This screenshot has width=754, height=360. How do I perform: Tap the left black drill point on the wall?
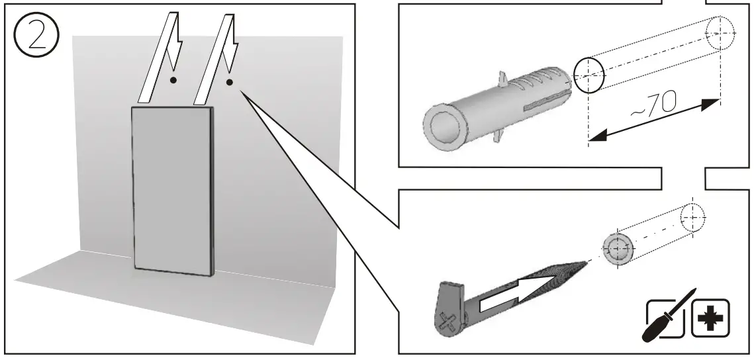[x=173, y=80]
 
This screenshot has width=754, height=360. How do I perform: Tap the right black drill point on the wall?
[x=229, y=83]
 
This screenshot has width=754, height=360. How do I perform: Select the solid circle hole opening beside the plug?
[x=589, y=74]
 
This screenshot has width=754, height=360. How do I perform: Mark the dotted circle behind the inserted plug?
[x=691, y=216]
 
